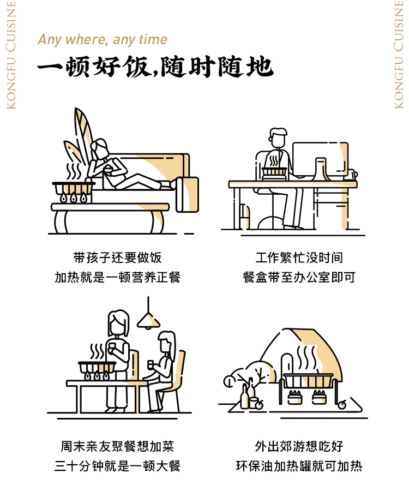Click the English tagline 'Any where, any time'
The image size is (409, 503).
pyautogui.click(x=103, y=39)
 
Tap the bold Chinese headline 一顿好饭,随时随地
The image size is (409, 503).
pyautogui.click(x=155, y=67)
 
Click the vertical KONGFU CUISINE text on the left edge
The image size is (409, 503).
pyautogui.click(x=11, y=55)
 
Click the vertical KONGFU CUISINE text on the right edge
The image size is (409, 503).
pyautogui.click(x=399, y=55)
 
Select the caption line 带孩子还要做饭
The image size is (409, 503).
pyautogui.click(x=117, y=258)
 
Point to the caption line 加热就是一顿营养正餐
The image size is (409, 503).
pyautogui.click(x=117, y=277)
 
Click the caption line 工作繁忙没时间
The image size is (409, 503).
pyautogui.click(x=299, y=258)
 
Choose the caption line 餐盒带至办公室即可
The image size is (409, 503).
pyautogui.click(x=299, y=277)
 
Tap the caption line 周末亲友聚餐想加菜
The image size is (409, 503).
pyautogui.click(x=117, y=446)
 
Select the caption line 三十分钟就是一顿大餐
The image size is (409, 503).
pyautogui.click(x=117, y=466)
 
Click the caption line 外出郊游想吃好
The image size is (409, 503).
pyautogui.click(x=299, y=446)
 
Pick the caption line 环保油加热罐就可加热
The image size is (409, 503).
pyautogui.click(x=299, y=466)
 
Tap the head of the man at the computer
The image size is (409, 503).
pyautogui.click(x=278, y=137)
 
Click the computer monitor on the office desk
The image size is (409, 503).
pyautogui.click(x=320, y=159)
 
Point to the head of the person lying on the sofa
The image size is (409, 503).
pyautogui.click(x=100, y=148)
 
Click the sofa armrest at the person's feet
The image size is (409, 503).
pyautogui.click(x=187, y=194)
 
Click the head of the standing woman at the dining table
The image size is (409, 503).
pyautogui.click(x=118, y=323)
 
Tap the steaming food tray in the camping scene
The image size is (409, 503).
pyautogui.click(x=308, y=380)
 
